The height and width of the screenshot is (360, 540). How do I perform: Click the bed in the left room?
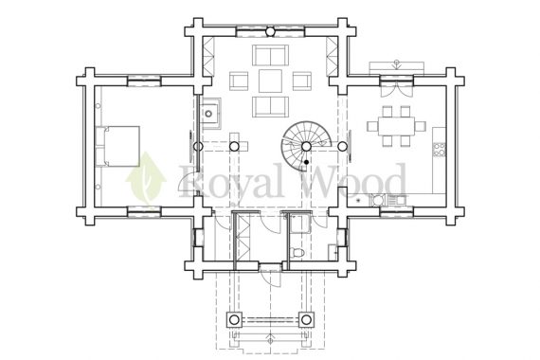tap(117, 146)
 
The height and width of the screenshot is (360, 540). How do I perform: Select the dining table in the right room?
tap(396, 126)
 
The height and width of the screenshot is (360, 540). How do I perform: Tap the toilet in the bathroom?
tap(297, 252)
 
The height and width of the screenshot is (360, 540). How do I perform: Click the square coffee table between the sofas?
tap(270, 81)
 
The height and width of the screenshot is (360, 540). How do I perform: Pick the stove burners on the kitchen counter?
tap(439, 149)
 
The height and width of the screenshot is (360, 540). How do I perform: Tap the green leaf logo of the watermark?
tap(146, 179)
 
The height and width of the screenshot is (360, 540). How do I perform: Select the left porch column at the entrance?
tap(234, 319)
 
